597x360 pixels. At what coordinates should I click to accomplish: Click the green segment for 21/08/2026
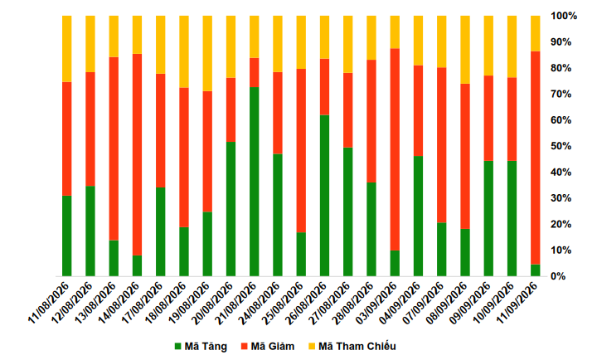(255, 182)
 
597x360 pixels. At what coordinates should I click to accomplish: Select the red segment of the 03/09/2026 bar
(395, 149)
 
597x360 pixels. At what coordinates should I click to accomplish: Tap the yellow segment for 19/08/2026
(207, 53)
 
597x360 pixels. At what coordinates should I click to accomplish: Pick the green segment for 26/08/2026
(325, 196)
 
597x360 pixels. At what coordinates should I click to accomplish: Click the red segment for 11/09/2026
(536, 158)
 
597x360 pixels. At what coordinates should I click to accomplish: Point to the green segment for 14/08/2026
(137, 266)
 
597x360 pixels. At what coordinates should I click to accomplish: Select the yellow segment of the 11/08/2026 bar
(67, 49)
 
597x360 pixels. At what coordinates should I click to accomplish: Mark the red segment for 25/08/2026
(301, 150)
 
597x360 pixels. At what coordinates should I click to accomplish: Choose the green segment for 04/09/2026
(419, 216)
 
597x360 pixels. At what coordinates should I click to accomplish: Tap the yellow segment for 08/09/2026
(465, 50)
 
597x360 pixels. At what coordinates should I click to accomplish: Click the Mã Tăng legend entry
(201, 346)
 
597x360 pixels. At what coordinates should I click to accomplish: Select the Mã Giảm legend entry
(268, 346)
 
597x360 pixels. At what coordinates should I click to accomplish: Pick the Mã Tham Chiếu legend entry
(352, 346)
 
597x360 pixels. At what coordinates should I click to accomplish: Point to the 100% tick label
(564, 16)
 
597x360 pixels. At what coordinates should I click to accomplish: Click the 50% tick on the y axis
(561, 146)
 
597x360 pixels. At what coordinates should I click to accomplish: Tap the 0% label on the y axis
(558, 276)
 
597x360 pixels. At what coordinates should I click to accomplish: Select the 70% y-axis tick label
(561, 94)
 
